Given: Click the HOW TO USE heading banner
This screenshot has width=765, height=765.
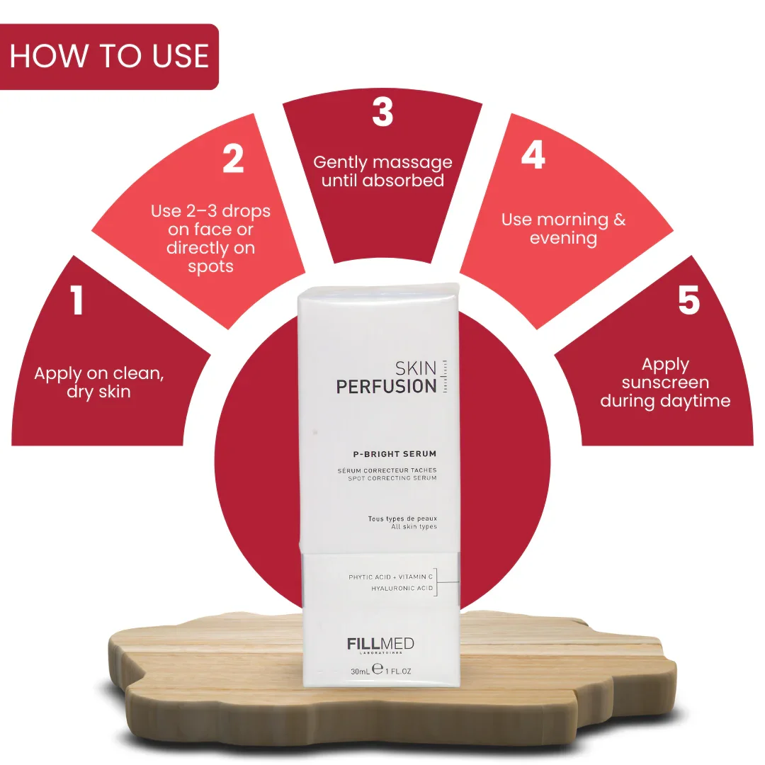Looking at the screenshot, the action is click(109, 57).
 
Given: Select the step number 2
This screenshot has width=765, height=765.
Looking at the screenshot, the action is click(233, 158).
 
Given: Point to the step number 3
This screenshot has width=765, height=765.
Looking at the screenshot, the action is click(382, 112).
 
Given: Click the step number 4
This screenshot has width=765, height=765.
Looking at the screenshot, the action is click(533, 154).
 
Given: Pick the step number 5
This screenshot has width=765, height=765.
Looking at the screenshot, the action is click(689, 300).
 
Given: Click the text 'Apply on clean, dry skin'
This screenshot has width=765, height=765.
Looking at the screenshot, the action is click(99, 382).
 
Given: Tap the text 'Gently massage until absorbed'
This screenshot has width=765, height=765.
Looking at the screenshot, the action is click(382, 171).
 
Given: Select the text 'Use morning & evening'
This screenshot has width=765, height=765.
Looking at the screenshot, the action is click(564, 229).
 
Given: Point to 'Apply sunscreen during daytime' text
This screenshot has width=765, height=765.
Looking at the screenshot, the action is click(665, 382).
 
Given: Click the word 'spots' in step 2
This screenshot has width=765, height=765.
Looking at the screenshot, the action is click(211, 267).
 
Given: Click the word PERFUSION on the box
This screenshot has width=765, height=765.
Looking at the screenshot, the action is click(387, 387).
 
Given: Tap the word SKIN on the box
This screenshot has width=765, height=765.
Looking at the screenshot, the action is click(416, 368).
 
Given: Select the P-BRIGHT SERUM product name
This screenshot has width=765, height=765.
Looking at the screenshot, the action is click(395, 454).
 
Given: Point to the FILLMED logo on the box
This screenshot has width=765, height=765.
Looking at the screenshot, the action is click(380, 644).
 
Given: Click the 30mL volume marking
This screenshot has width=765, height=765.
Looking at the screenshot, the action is click(360, 671).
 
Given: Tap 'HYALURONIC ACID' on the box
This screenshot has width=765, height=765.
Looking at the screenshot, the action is click(402, 589).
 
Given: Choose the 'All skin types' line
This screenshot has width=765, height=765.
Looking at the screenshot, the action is click(414, 526).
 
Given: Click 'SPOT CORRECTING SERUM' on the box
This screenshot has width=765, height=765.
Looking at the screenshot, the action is click(392, 478).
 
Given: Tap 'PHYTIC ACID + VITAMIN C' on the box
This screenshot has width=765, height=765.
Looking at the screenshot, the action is click(391, 577).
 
